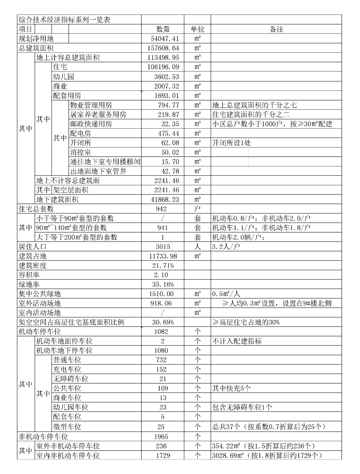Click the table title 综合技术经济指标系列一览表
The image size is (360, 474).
(x=64, y=20)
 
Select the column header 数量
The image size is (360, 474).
(x=163, y=29)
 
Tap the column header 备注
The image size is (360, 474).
(x=276, y=29)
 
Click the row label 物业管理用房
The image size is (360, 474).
(x=91, y=105)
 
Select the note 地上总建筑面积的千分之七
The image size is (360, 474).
(x=255, y=105)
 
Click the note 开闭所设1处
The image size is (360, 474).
(x=232, y=143)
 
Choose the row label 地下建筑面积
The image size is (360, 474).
(x=57, y=199)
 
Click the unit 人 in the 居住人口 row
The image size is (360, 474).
(x=197, y=247)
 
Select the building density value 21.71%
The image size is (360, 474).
(x=163, y=265)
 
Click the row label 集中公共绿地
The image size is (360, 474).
(x=40, y=294)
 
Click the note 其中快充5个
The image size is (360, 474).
(x=232, y=388)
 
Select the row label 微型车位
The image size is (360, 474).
(x=67, y=426)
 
